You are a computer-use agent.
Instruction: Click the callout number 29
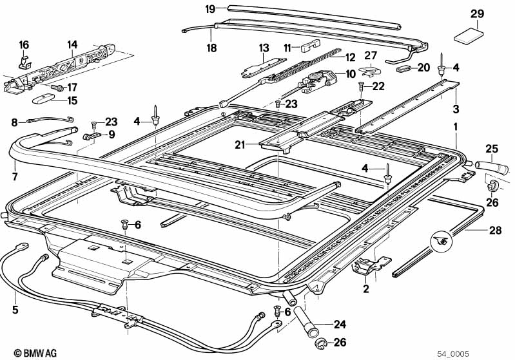476,14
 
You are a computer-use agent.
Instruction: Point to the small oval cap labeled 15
43,98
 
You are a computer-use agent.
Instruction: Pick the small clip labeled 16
23,62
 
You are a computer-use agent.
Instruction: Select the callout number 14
72,44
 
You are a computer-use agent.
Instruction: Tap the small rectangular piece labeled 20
404,66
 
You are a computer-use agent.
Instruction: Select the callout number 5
15,309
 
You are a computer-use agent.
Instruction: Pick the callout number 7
15,176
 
